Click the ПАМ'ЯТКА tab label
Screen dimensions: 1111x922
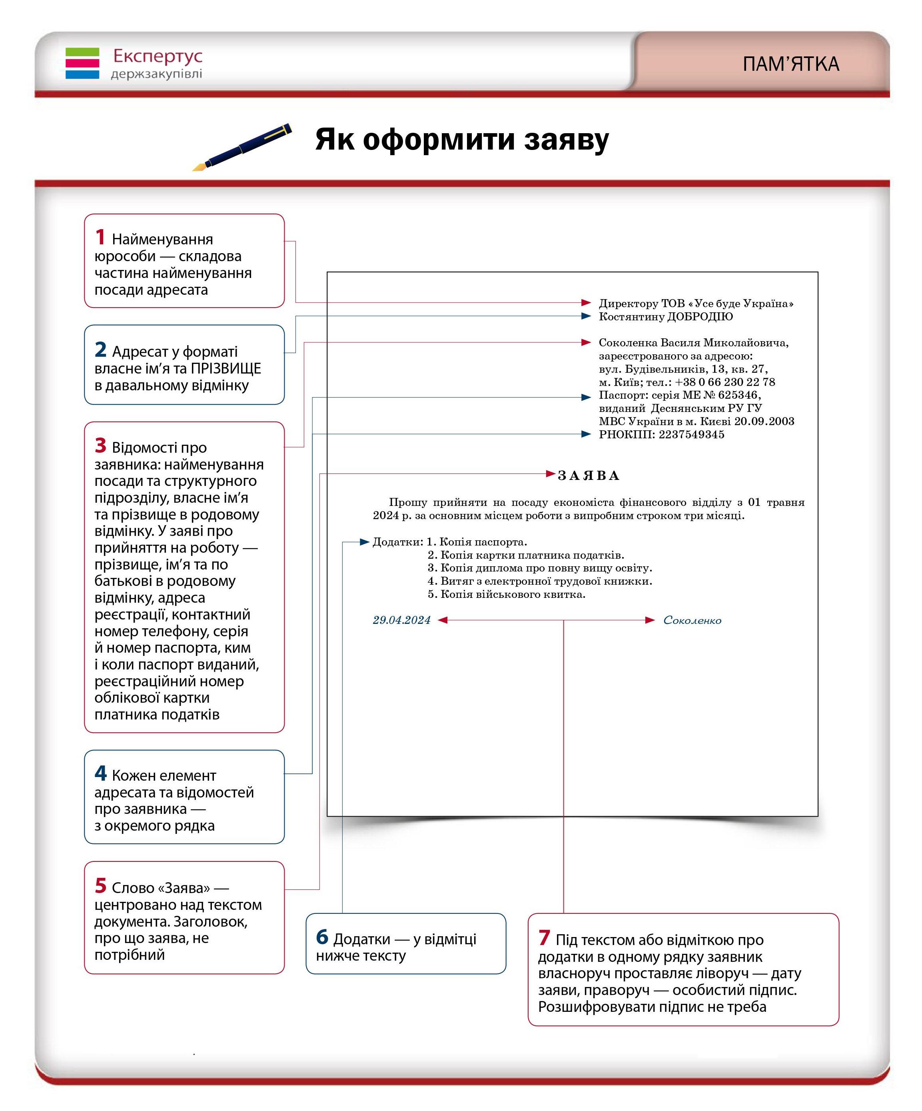790,64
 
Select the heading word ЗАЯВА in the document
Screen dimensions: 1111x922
588,475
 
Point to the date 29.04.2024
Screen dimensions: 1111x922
401,620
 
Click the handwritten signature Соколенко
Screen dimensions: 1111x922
692,620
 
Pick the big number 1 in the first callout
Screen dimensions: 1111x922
100,237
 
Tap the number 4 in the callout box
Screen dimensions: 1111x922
100,773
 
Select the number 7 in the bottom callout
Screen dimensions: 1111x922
544,938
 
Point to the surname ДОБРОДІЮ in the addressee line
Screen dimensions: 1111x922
699,316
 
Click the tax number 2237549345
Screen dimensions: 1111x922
691,434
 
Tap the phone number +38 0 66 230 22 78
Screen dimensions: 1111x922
725,382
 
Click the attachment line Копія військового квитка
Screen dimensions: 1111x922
513,594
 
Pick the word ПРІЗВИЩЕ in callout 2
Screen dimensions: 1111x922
226,368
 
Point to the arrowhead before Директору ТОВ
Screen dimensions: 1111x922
586,303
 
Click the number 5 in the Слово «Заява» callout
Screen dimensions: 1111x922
100,885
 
